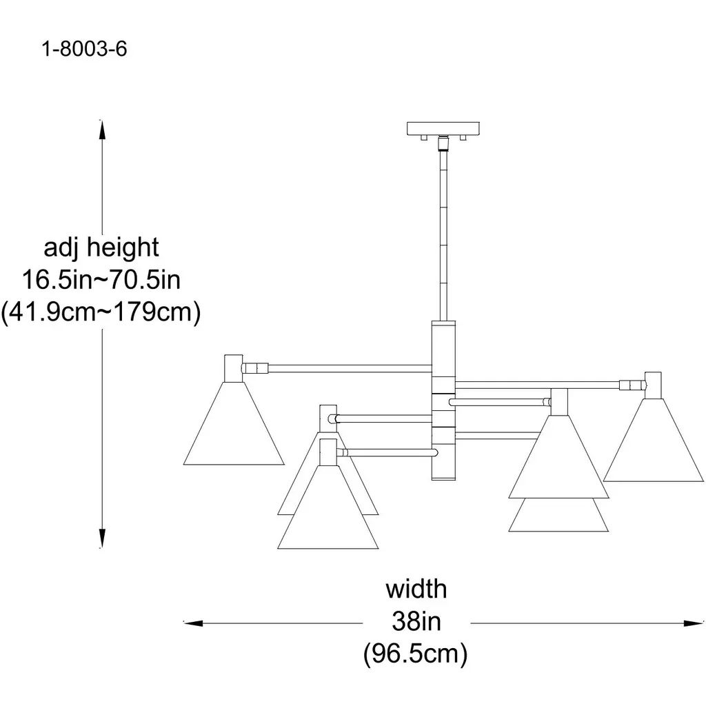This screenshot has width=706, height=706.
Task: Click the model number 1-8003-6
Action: point(84,49)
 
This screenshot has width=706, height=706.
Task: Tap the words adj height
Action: point(101,248)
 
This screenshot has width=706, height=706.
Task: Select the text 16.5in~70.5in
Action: point(101,280)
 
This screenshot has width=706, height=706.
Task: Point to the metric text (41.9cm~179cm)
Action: point(101,312)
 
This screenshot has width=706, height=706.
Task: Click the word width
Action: point(416,589)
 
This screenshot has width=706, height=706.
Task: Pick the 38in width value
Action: point(416,622)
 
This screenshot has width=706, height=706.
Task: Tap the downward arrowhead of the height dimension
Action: point(102,538)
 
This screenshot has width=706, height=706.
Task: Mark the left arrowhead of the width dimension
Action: point(194,623)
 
